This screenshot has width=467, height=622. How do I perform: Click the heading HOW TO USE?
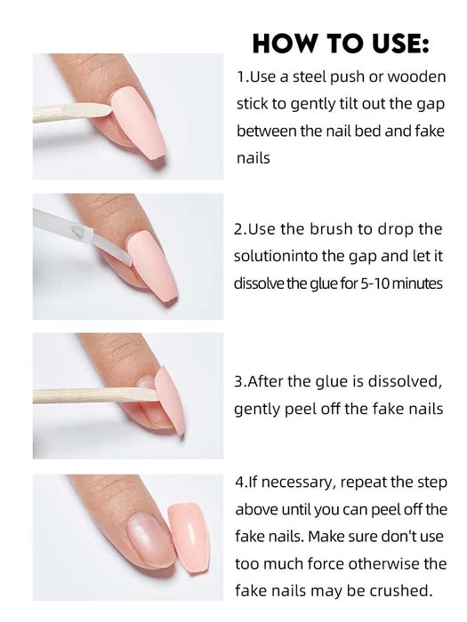click(x=341, y=44)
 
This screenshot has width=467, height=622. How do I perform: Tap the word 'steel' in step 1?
click(x=310, y=76)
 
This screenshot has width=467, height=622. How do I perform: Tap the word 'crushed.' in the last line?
click(x=400, y=591)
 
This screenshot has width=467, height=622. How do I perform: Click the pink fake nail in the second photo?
click(x=152, y=266)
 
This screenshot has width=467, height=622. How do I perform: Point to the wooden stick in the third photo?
click(x=95, y=395)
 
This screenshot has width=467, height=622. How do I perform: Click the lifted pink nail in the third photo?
click(x=170, y=400)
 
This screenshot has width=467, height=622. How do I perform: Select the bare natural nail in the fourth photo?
click(x=150, y=539)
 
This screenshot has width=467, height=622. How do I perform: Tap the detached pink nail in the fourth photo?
click(x=189, y=537)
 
